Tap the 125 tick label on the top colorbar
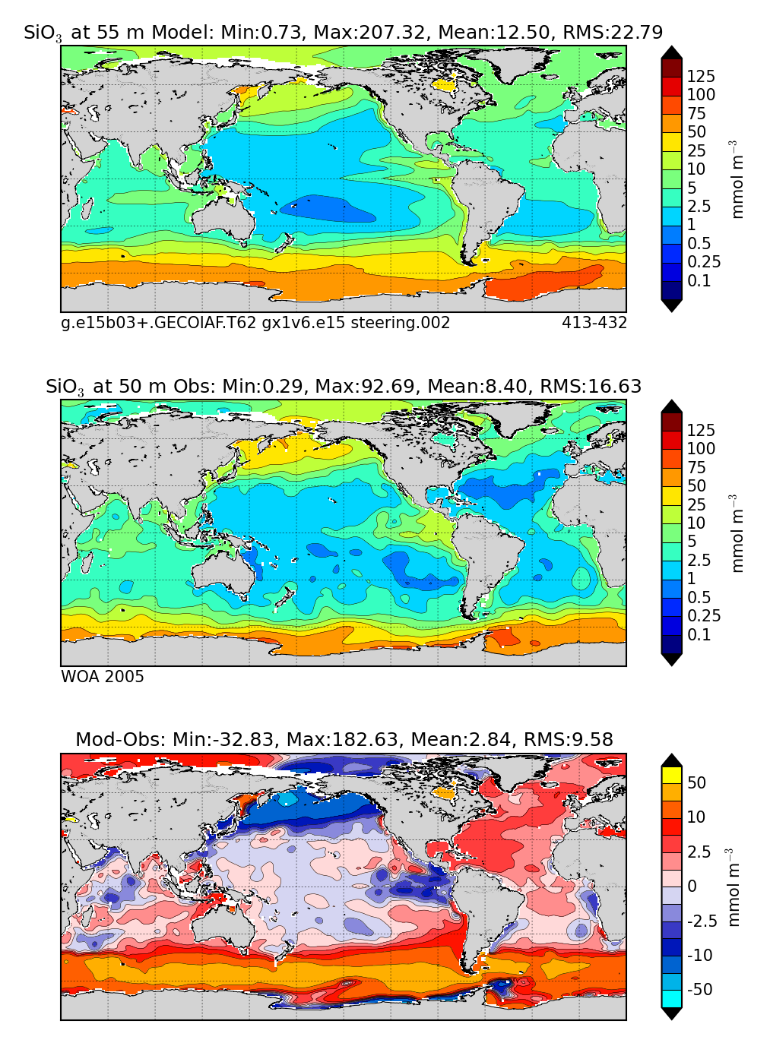pyautogui.click(x=701, y=76)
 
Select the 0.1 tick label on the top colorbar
pyautogui.click(x=699, y=280)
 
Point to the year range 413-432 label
pyautogui.click(x=594, y=323)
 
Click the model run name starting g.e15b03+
pyautogui.click(x=255, y=323)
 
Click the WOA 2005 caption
pyautogui.click(x=103, y=677)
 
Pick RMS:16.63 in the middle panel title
pyautogui.click(x=591, y=387)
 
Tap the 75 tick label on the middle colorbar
pyautogui.click(x=696, y=467)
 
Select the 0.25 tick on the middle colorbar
pyautogui.click(x=704, y=616)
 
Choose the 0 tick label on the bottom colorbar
pyautogui.click(x=692, y=886)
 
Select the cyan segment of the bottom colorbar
pyautogui.click(x=672, y=999)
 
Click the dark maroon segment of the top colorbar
pyautogui.click(x=672, y=67)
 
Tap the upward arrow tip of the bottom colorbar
pyautogui.click(x=672, y=757)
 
